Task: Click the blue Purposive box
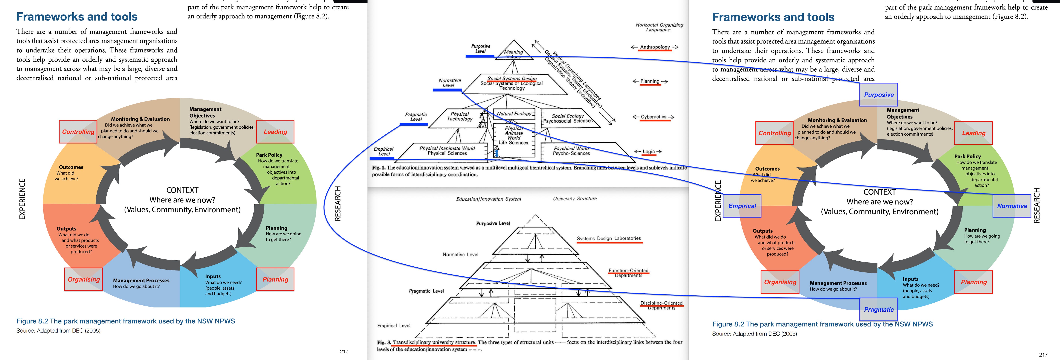(x=879, y=95)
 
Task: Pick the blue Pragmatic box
(x=879, y=309)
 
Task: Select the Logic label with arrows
(x=648, y=151)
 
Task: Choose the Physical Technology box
(x=460, y=116)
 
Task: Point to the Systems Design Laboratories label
(x=609, y=238)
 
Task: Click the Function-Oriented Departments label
(x=628, y=273)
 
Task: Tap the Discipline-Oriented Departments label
(x=661, y=305)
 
